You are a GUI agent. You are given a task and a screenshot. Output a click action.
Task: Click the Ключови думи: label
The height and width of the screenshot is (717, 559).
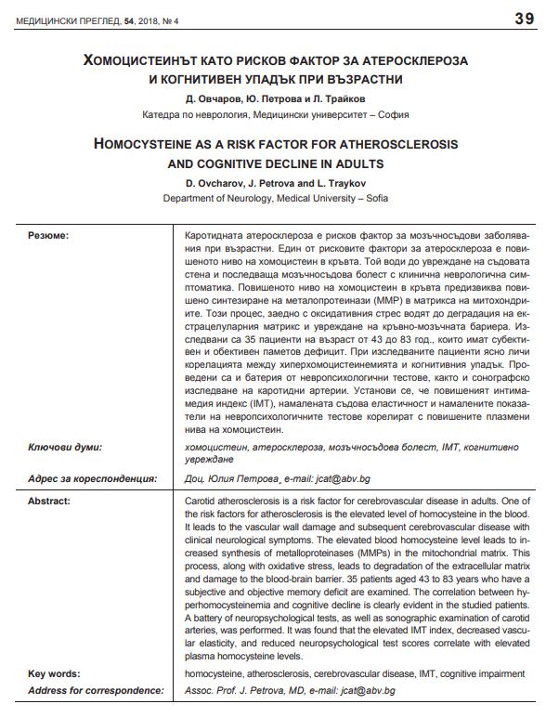tap(65, 447)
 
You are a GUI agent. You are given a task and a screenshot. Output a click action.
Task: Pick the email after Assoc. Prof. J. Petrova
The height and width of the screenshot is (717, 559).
tap(357, 691)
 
